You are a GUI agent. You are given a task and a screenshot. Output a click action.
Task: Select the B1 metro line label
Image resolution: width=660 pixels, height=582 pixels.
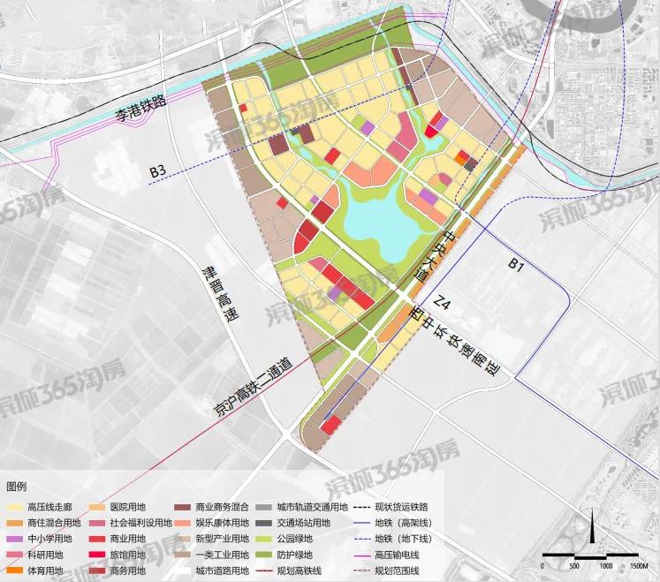coord(517,263)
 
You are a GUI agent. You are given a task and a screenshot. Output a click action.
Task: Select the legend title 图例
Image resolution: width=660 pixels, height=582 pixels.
coord(17,488)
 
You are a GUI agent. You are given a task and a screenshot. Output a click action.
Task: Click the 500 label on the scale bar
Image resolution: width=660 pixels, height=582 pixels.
coord(573,566)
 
